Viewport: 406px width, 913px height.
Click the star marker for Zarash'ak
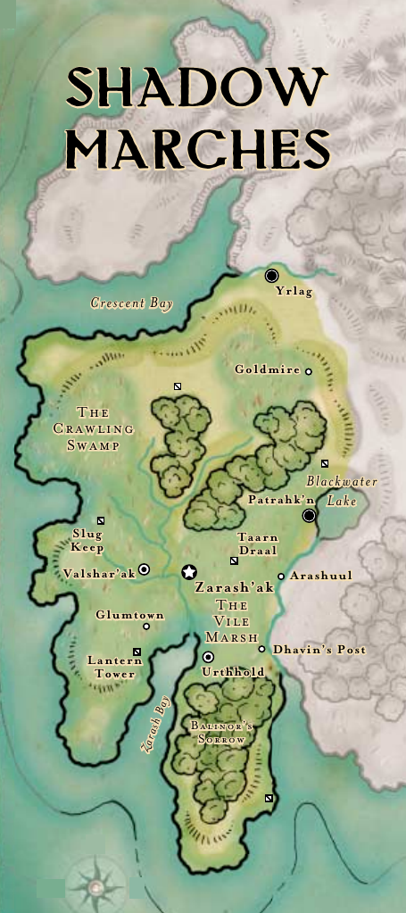[x=188, y=571]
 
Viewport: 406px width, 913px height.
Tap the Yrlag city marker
[x=272, y=276]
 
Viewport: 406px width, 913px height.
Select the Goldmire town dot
[x=309, y=371]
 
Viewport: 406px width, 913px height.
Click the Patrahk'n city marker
[x=309, y=516]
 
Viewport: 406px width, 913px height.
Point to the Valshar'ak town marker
[x=144, y=569]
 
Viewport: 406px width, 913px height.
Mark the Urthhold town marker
[x=208, y=657]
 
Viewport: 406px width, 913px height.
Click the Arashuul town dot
[x=281, y=577]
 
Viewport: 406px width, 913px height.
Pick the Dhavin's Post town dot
[x=261, y=649]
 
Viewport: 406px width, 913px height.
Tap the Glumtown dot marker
[x=146, y=627]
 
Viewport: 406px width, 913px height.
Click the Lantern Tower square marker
[x=137, y=652]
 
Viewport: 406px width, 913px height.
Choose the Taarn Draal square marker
[x=234, y=560]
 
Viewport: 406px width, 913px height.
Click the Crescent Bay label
[x=131, y=303]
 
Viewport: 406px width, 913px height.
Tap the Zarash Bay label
[x=153, y=725]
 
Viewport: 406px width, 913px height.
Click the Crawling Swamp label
[x=93, y=429]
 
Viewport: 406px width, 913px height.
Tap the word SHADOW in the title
[x=197, y=89]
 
